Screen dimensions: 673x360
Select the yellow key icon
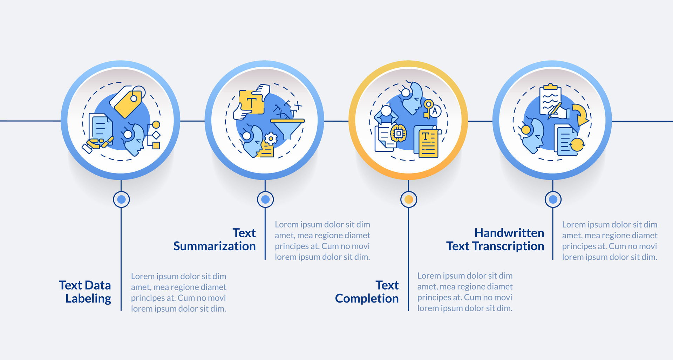pos(428,108)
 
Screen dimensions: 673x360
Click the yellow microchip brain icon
pos(398,133)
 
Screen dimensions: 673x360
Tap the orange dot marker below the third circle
pos(409,199)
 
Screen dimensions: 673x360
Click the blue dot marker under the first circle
pos(121,199)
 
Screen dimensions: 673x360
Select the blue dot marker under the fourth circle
pos(553,199)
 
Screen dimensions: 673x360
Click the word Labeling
pos(88,299)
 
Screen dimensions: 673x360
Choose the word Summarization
pos(215,246)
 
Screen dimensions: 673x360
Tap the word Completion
pos(367,299)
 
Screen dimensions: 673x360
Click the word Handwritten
pos(509,233)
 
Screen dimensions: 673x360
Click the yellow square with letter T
pos(251,102)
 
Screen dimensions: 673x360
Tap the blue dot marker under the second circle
pos(265,199)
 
